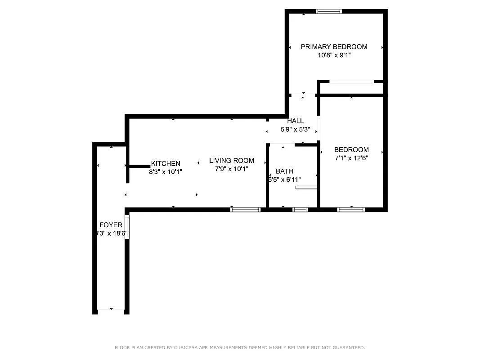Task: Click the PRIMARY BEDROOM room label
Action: point(334,47)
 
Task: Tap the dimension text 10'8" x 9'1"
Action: point(334,55)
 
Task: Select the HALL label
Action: point(296,121)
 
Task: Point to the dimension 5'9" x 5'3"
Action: point(296,130)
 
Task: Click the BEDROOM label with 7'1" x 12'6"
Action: point(351,150)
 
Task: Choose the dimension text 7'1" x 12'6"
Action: point(351,158)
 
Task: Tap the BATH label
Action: point(284,171)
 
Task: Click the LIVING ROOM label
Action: point(231,161)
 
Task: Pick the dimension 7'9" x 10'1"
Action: point(231,169)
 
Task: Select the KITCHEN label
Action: point(166,164)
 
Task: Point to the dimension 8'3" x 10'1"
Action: point(166,172)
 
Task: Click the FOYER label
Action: point(110,225)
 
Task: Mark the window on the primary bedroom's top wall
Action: point(329,12)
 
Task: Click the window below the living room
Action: point(245,209)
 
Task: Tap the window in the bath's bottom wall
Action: point(300,209)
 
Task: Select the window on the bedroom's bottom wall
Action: point(351,209)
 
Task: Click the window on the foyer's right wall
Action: point(127,227)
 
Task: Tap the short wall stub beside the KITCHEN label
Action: point(139,166)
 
